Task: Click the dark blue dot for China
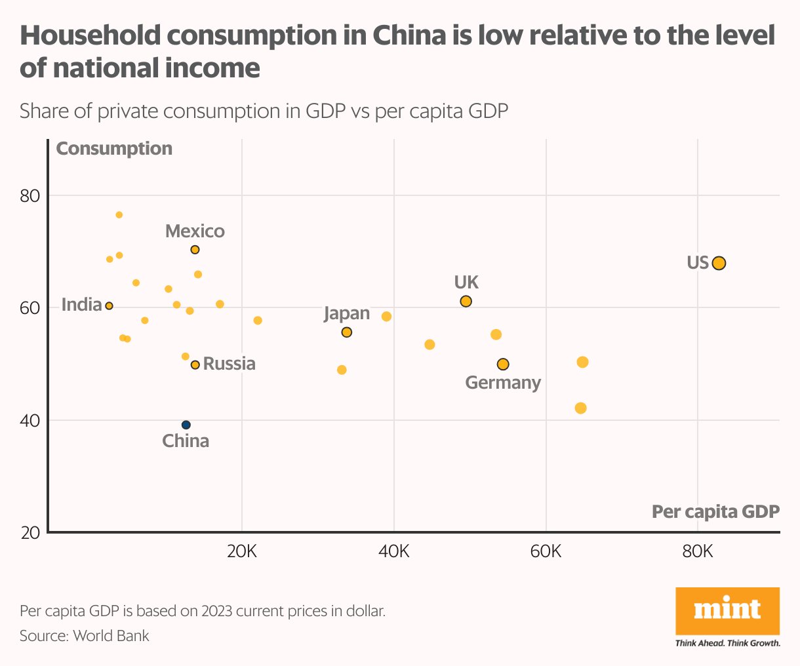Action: [x=186, y=425]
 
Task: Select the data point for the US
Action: [x=719, y=263]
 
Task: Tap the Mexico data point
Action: [x=195, y=250]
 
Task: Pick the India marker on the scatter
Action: [x=110, y=306]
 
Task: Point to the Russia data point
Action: [x=195, y=364]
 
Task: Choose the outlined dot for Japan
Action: [x=347, y=332]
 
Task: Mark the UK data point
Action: [x=466, y=302]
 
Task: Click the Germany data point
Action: [x=503, y=364]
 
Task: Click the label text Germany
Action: [x=503, y=383]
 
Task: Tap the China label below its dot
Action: [x=186, y=441]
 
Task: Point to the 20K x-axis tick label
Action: [x=241, y=551]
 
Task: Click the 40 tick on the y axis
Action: [x=31, y=420]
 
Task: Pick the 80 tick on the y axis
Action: [x=31, y=196]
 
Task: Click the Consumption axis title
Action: [x=114, y=149]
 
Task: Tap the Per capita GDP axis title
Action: [x=715, y=511]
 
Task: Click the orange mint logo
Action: [x=727, y=610]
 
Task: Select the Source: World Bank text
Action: [x=85, y=636]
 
